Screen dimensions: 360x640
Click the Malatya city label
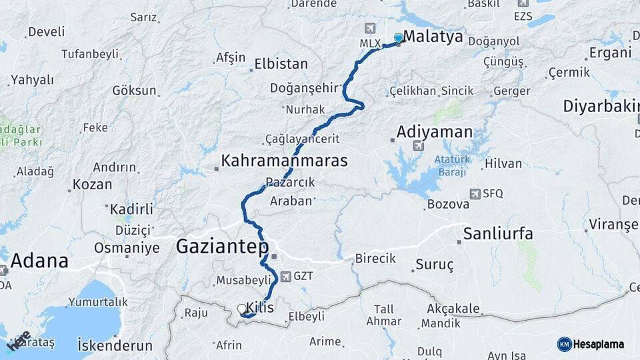click(433, 37)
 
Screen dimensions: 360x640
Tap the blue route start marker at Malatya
click(399, 38)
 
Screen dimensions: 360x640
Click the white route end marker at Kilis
click(241, 309)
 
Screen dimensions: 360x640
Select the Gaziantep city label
click(222, 247)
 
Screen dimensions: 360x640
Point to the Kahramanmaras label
click(285, 161)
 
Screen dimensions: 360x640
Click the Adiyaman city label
click(434, 131)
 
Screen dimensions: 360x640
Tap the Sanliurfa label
click(498, 233)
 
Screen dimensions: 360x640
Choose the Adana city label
click(39, 261)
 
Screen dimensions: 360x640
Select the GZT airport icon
click(286, 276)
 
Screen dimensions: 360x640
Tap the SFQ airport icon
click(475, 194)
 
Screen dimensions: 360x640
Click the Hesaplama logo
click(591, 344)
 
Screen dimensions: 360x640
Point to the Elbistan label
click(281, 65)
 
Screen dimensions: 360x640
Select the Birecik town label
click(375, 259)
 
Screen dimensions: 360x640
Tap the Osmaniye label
click(127, 248)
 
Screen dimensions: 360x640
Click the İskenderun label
click(115, 346)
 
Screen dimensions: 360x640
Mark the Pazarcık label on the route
click(290, 182)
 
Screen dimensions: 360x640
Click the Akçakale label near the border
click(453, 309)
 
